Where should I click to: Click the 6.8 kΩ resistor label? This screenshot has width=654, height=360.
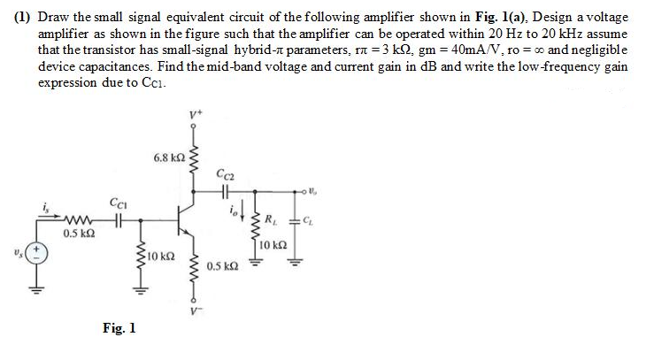[x=169, y=157]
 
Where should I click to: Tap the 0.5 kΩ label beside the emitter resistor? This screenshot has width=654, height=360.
[x=223, y=265]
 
